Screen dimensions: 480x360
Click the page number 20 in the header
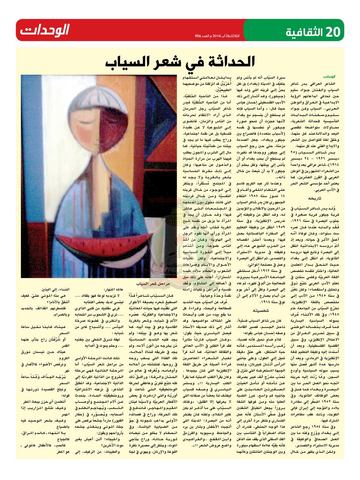tap(329, 30)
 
